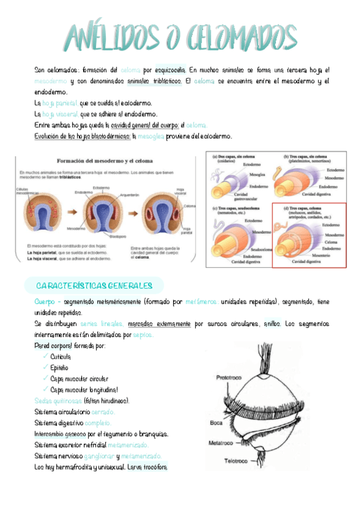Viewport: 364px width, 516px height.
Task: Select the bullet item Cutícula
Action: [60, 357]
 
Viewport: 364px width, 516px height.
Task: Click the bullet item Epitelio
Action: [59, 368]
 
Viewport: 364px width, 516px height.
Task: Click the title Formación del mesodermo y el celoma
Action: [105, 161]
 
